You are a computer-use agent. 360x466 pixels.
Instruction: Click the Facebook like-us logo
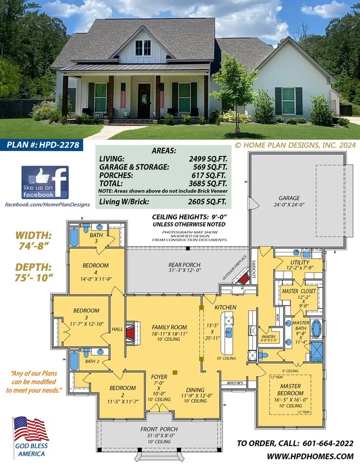tap(45, 182)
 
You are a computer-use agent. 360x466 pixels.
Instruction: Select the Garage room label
tap(289, 198)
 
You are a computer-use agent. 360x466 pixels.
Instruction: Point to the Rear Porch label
tap(184, 264)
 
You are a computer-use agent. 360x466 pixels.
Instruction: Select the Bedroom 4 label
tap(96, 265)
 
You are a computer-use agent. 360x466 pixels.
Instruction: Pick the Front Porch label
tap(159, 429)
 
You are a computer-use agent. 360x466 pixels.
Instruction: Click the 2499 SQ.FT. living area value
tap(207, 158)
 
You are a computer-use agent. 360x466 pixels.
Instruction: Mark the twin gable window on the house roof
tap(143, 48)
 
